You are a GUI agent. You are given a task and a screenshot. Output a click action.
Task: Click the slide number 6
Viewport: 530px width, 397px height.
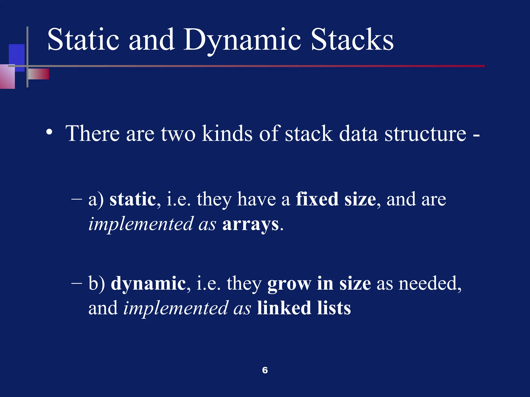pyautogui.click(x=265, y=370)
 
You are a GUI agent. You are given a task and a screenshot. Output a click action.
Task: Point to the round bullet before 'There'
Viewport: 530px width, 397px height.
pyautogui.click(x=49, y=132)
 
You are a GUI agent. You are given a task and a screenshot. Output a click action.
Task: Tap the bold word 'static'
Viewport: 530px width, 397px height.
pyautogui.click(x=132, y=199)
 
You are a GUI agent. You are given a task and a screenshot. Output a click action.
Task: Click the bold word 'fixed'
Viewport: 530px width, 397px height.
pyautogui.click(x=317, y=199)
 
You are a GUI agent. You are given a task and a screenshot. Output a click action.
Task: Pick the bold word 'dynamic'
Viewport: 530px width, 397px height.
pyautogui.click(x=148, y=283)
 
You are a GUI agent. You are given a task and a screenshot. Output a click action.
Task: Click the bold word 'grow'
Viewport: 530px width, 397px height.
pyautogui.click(x=289, y=284)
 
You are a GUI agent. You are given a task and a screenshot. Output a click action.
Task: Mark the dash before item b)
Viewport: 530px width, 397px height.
pyautogui.click(x=76, y=284)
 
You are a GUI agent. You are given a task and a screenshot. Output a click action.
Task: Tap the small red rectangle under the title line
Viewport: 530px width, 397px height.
pyautogui.click(x=39, y=74)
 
